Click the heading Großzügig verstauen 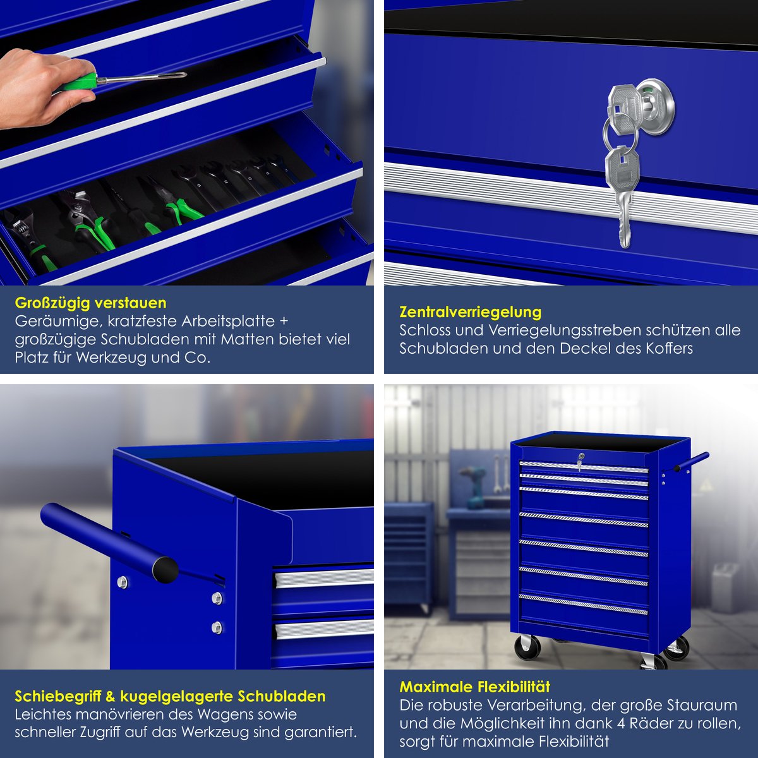[90, 303]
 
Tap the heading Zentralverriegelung [471, 312]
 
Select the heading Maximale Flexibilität [475, 687]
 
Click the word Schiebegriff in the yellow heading [57, 697]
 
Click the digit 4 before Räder [622, 724]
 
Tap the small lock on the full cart [580, 461]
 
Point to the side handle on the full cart [687, 463]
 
